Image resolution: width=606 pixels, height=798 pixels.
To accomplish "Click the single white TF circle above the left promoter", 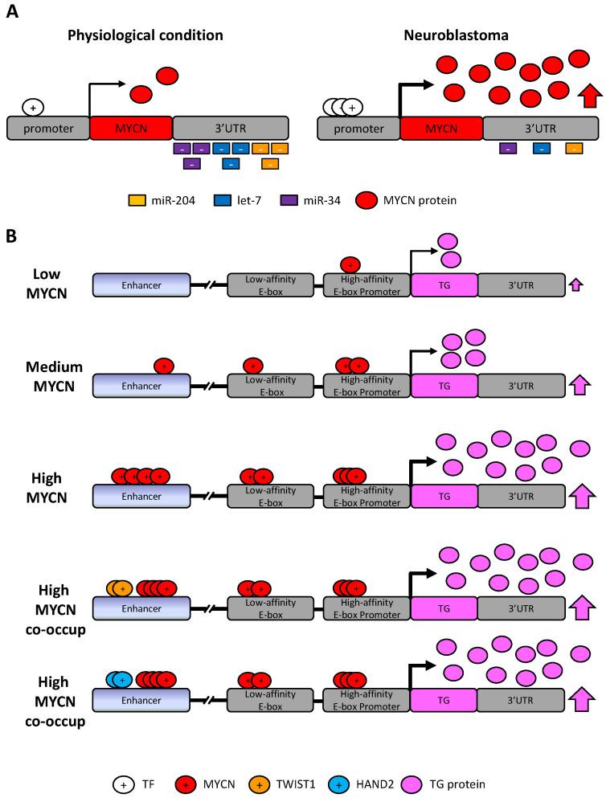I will (x=33, y=106).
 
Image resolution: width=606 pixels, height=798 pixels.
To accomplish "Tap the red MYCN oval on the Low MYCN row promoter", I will (x=350, y=264).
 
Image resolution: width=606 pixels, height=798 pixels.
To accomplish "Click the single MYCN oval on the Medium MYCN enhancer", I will (x=164, y=366).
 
